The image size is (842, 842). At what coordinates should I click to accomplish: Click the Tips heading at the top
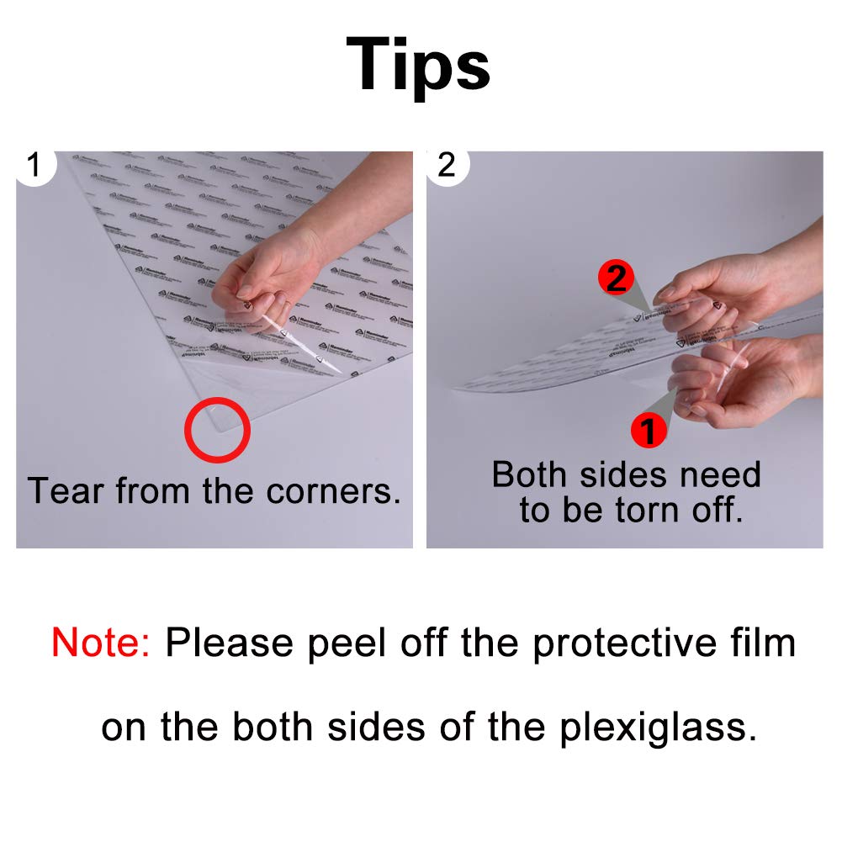click(418, 65)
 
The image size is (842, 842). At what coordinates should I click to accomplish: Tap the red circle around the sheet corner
click(218, 428)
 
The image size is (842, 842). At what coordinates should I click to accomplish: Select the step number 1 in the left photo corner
click(34, 165)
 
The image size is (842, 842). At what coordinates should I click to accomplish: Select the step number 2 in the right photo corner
click(447, 165)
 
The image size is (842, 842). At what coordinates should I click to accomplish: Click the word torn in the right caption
click(657, 511)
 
